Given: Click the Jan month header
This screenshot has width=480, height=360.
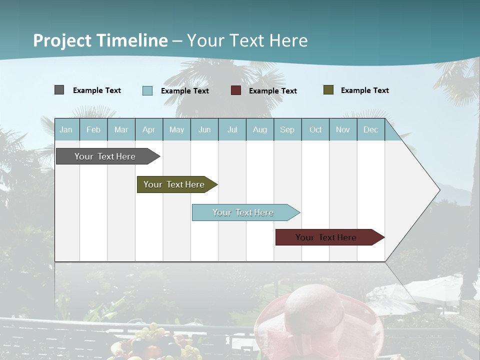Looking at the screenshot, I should [66, 129].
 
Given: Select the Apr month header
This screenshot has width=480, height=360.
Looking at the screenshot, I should [149, 129].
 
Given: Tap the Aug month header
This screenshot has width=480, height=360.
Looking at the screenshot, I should [259, 129].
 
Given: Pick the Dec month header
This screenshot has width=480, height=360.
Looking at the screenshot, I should [370, 129].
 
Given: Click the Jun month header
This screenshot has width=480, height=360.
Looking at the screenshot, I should [204, 129].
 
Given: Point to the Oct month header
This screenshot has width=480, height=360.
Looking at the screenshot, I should [315, 129].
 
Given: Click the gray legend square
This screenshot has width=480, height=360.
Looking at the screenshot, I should [59, 90].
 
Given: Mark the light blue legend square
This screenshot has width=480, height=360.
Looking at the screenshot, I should [147, 90].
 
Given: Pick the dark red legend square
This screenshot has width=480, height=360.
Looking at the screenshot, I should [235, 90].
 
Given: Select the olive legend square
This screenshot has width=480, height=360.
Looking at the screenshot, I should [328, 90].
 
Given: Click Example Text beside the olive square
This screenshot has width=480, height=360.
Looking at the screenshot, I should [364, 90].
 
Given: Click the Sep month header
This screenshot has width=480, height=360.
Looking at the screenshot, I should [287, 129].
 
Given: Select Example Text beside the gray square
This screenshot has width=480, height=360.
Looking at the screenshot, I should [97, 90].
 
